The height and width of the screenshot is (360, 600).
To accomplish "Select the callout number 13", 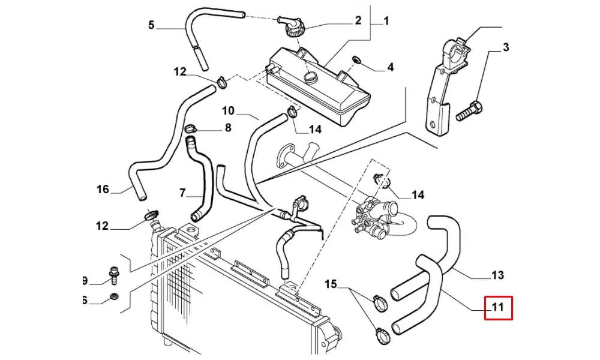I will [x=497, y=275].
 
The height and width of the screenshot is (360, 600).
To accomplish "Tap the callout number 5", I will [x=151, y=25].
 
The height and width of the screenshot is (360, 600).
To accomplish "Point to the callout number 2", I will [x=358, y=20].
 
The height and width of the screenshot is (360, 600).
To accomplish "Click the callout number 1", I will [x=386, y=21].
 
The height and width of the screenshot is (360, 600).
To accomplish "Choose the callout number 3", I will [x=506, y=47].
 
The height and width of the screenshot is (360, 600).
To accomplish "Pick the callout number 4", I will [x=390, y=67].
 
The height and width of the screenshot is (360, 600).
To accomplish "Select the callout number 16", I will [x=103, y=190].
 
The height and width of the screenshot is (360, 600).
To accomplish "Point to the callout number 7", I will [x=183, y=193].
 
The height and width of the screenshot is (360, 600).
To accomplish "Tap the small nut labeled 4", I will [x=356, y=59].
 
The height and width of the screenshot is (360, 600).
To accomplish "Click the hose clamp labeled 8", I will [x=191, y=128].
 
